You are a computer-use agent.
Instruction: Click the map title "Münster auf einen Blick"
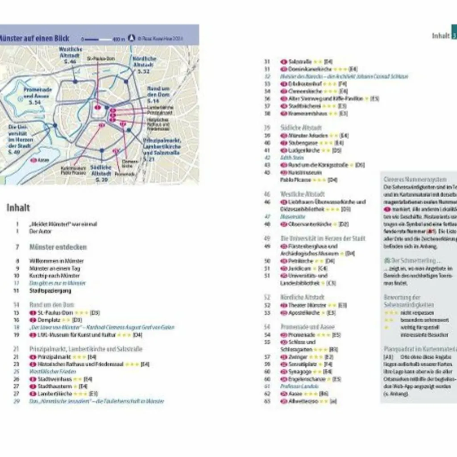(34, 38)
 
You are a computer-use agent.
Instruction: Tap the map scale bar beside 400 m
(98, 39)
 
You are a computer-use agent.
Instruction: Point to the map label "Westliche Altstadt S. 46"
(70, 55)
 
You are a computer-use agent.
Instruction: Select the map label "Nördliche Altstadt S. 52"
(144, 65)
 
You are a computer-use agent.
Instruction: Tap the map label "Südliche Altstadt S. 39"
(101, 173)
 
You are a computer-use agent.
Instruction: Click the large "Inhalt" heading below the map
(18, 208)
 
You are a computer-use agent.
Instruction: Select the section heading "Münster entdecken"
(58, 247)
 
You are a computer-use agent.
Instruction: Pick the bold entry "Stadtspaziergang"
(50, 291)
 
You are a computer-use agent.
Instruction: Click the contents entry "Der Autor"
(41, 231)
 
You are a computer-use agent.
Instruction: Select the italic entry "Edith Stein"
(292, 158)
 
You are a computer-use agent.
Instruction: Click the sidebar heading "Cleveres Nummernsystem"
(415, 179)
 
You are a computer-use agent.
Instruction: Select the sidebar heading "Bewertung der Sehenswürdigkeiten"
(408, 301)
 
